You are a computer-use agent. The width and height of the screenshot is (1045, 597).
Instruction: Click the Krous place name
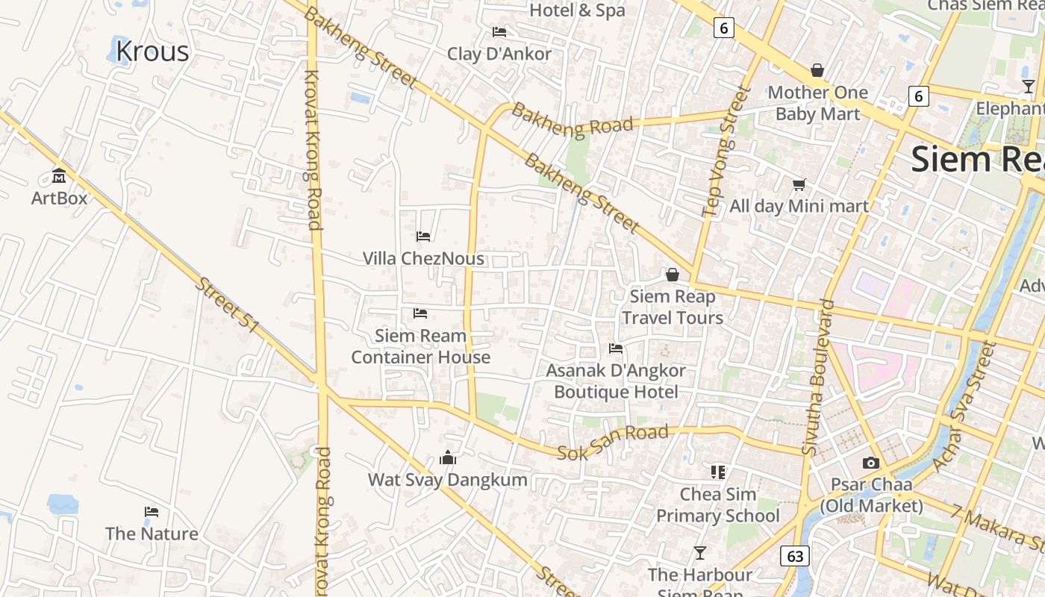coord(152,51)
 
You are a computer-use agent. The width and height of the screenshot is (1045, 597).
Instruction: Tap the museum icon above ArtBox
coord(59,176)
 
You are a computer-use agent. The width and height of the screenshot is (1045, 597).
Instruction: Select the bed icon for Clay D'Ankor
coord(499,31)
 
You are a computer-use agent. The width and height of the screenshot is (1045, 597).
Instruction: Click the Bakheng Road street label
coord(573,120)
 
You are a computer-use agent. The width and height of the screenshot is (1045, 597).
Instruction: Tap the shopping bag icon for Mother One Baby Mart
coord(817,70)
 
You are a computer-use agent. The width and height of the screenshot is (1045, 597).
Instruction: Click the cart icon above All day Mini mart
coord(799,184)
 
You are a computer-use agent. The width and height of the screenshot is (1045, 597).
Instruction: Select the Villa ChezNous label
coord(423,258)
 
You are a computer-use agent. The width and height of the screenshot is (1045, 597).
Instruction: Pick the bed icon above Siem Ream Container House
coord(420,313)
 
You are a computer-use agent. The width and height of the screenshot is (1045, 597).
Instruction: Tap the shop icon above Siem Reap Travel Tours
coord(673,275)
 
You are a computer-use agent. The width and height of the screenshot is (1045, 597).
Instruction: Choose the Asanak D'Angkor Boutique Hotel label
coord(616,381)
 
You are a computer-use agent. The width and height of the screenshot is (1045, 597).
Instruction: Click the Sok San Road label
coord(613,442)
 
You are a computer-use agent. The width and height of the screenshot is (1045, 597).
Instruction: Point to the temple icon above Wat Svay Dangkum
coord(448,457)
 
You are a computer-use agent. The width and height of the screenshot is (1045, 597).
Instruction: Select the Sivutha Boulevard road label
coord(818,377)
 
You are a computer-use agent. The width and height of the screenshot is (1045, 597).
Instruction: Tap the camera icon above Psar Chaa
coord(870,463)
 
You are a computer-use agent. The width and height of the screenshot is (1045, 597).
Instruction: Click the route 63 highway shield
coord(795,556)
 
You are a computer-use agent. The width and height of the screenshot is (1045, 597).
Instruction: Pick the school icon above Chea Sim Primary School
coord(718,472)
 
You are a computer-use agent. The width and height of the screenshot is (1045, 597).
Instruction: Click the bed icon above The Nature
coord(152,512)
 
